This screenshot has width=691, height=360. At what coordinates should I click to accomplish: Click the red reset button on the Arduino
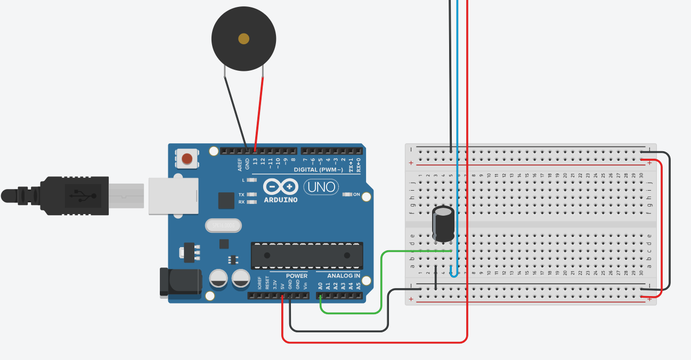187,159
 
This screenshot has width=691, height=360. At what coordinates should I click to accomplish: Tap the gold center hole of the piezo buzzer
244,38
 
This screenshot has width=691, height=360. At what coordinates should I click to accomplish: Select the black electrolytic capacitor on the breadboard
443,224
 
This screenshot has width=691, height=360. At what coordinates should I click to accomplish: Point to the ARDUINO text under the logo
281,200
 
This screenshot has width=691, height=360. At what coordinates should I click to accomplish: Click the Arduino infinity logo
281,187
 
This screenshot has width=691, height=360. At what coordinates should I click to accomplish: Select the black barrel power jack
181,282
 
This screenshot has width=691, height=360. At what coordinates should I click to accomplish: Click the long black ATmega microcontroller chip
307,255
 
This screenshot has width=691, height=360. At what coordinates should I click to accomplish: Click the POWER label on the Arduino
297,276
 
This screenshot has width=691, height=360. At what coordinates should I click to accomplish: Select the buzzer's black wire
235,112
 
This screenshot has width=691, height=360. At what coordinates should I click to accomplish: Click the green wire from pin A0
381,282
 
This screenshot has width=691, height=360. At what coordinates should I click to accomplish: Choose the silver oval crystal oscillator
223,226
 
